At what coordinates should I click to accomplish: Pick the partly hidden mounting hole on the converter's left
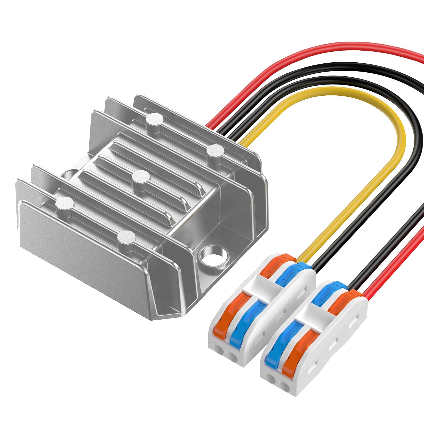click(68, 174)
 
